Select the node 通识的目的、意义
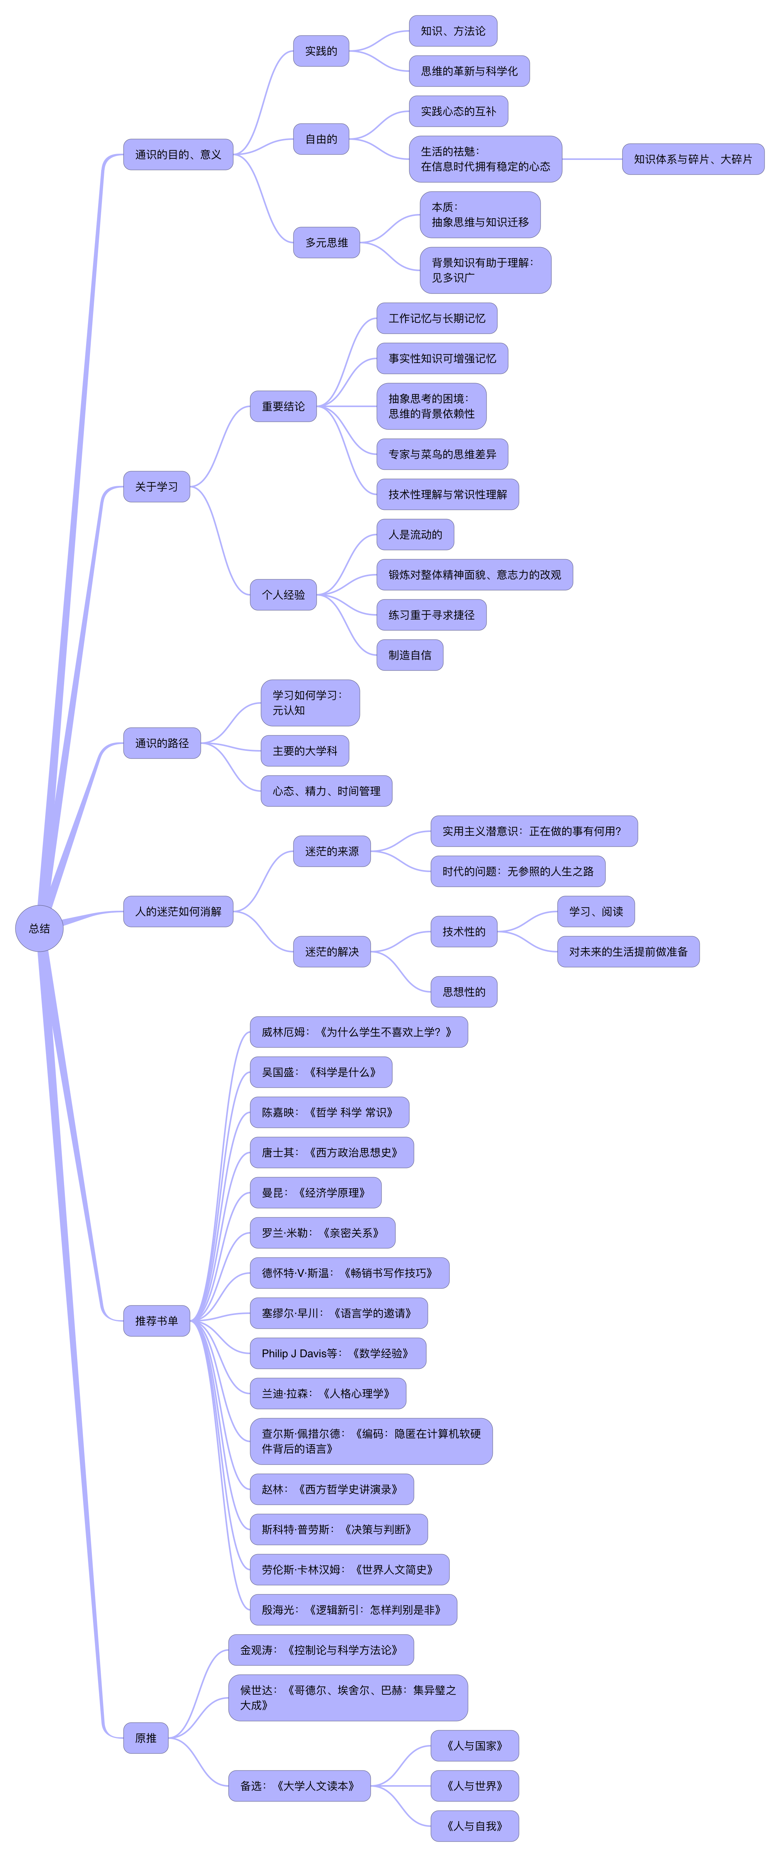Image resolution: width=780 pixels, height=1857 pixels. [x=178, y=154]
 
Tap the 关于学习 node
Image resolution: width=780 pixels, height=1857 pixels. [x=156, y=487]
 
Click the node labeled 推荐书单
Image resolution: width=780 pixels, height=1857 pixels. [x=156, y=1321]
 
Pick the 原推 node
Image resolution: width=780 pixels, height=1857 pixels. [x=146, y=1738]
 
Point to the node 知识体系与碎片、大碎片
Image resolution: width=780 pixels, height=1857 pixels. [x=693, y=159]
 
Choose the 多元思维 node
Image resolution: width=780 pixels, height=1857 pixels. [x=327, y=242]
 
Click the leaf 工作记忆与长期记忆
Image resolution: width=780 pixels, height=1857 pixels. [x=437, y=318]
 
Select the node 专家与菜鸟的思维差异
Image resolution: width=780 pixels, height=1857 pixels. [x=442, y=454]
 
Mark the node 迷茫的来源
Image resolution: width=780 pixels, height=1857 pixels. [x=332, y=851]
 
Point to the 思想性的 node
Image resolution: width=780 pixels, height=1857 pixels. [x=463, y=992]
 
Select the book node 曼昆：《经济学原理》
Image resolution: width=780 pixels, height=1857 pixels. [x=315, y=1192]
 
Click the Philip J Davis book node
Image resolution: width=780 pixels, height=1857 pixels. [x=337, y=1353]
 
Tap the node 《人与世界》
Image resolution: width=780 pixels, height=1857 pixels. [x=474, y=1786]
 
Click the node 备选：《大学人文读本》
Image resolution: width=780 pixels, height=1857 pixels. [x=299, y=1786]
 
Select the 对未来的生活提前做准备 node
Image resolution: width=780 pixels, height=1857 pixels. [x=628, y=952]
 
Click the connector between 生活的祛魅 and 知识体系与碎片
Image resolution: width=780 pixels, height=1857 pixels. [x=592, y=159]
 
